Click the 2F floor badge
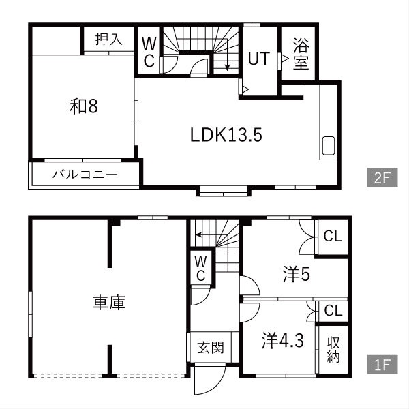point(382,177)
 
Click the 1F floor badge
point(382,365)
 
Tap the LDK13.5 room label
point(226,135)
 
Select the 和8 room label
point(84,106)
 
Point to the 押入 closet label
point(109,39)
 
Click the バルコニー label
point(85,175)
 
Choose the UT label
point(259,59)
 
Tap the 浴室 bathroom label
point(301,54)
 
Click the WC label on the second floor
point(149,52)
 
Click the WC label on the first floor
point(200,269)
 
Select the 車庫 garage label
point(109,303)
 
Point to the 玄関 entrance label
point(211,348)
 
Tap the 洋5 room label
point(297,274)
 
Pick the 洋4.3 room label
point(283,341)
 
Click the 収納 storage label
point(333,350)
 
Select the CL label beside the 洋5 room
point(333,237)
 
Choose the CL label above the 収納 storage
point(333,311)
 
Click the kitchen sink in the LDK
point(329,146)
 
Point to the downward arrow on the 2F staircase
point(227,55)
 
